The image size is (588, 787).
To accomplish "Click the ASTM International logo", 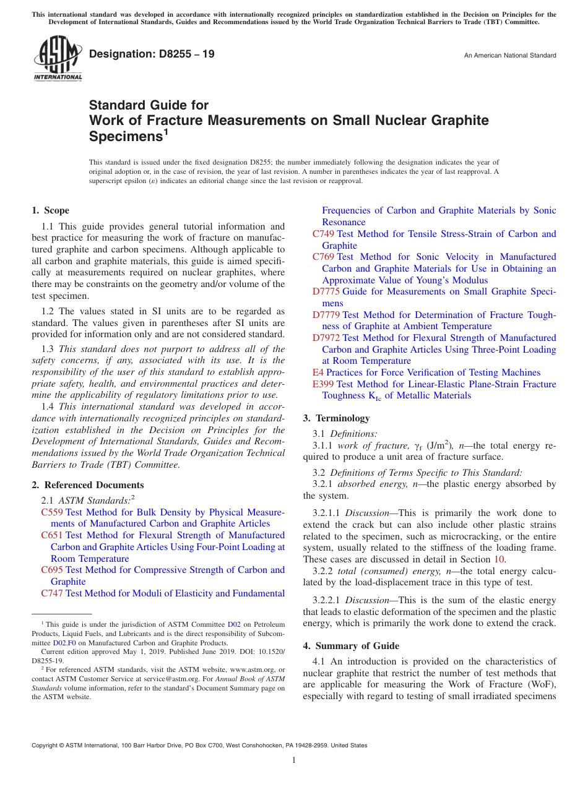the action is tap(58, 58).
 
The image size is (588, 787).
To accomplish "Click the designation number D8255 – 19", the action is tap(152, 54).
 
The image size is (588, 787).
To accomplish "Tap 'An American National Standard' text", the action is tap(509, 56).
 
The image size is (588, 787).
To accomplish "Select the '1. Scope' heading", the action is tap(51, 210).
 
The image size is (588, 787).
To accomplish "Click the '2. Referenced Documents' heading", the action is tap(88, 485).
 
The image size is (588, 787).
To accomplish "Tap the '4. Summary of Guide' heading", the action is tap(351, 646).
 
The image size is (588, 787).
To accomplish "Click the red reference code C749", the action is tap(324, 234).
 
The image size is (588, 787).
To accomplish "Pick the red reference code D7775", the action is tap(326, 291).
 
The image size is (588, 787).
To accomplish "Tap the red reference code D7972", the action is tap(326, 338).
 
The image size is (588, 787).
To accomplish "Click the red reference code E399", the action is tap(322, 384).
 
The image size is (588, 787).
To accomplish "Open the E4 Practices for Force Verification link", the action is tap(433, 372).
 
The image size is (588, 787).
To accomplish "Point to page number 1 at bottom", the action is tap(294, 760).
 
